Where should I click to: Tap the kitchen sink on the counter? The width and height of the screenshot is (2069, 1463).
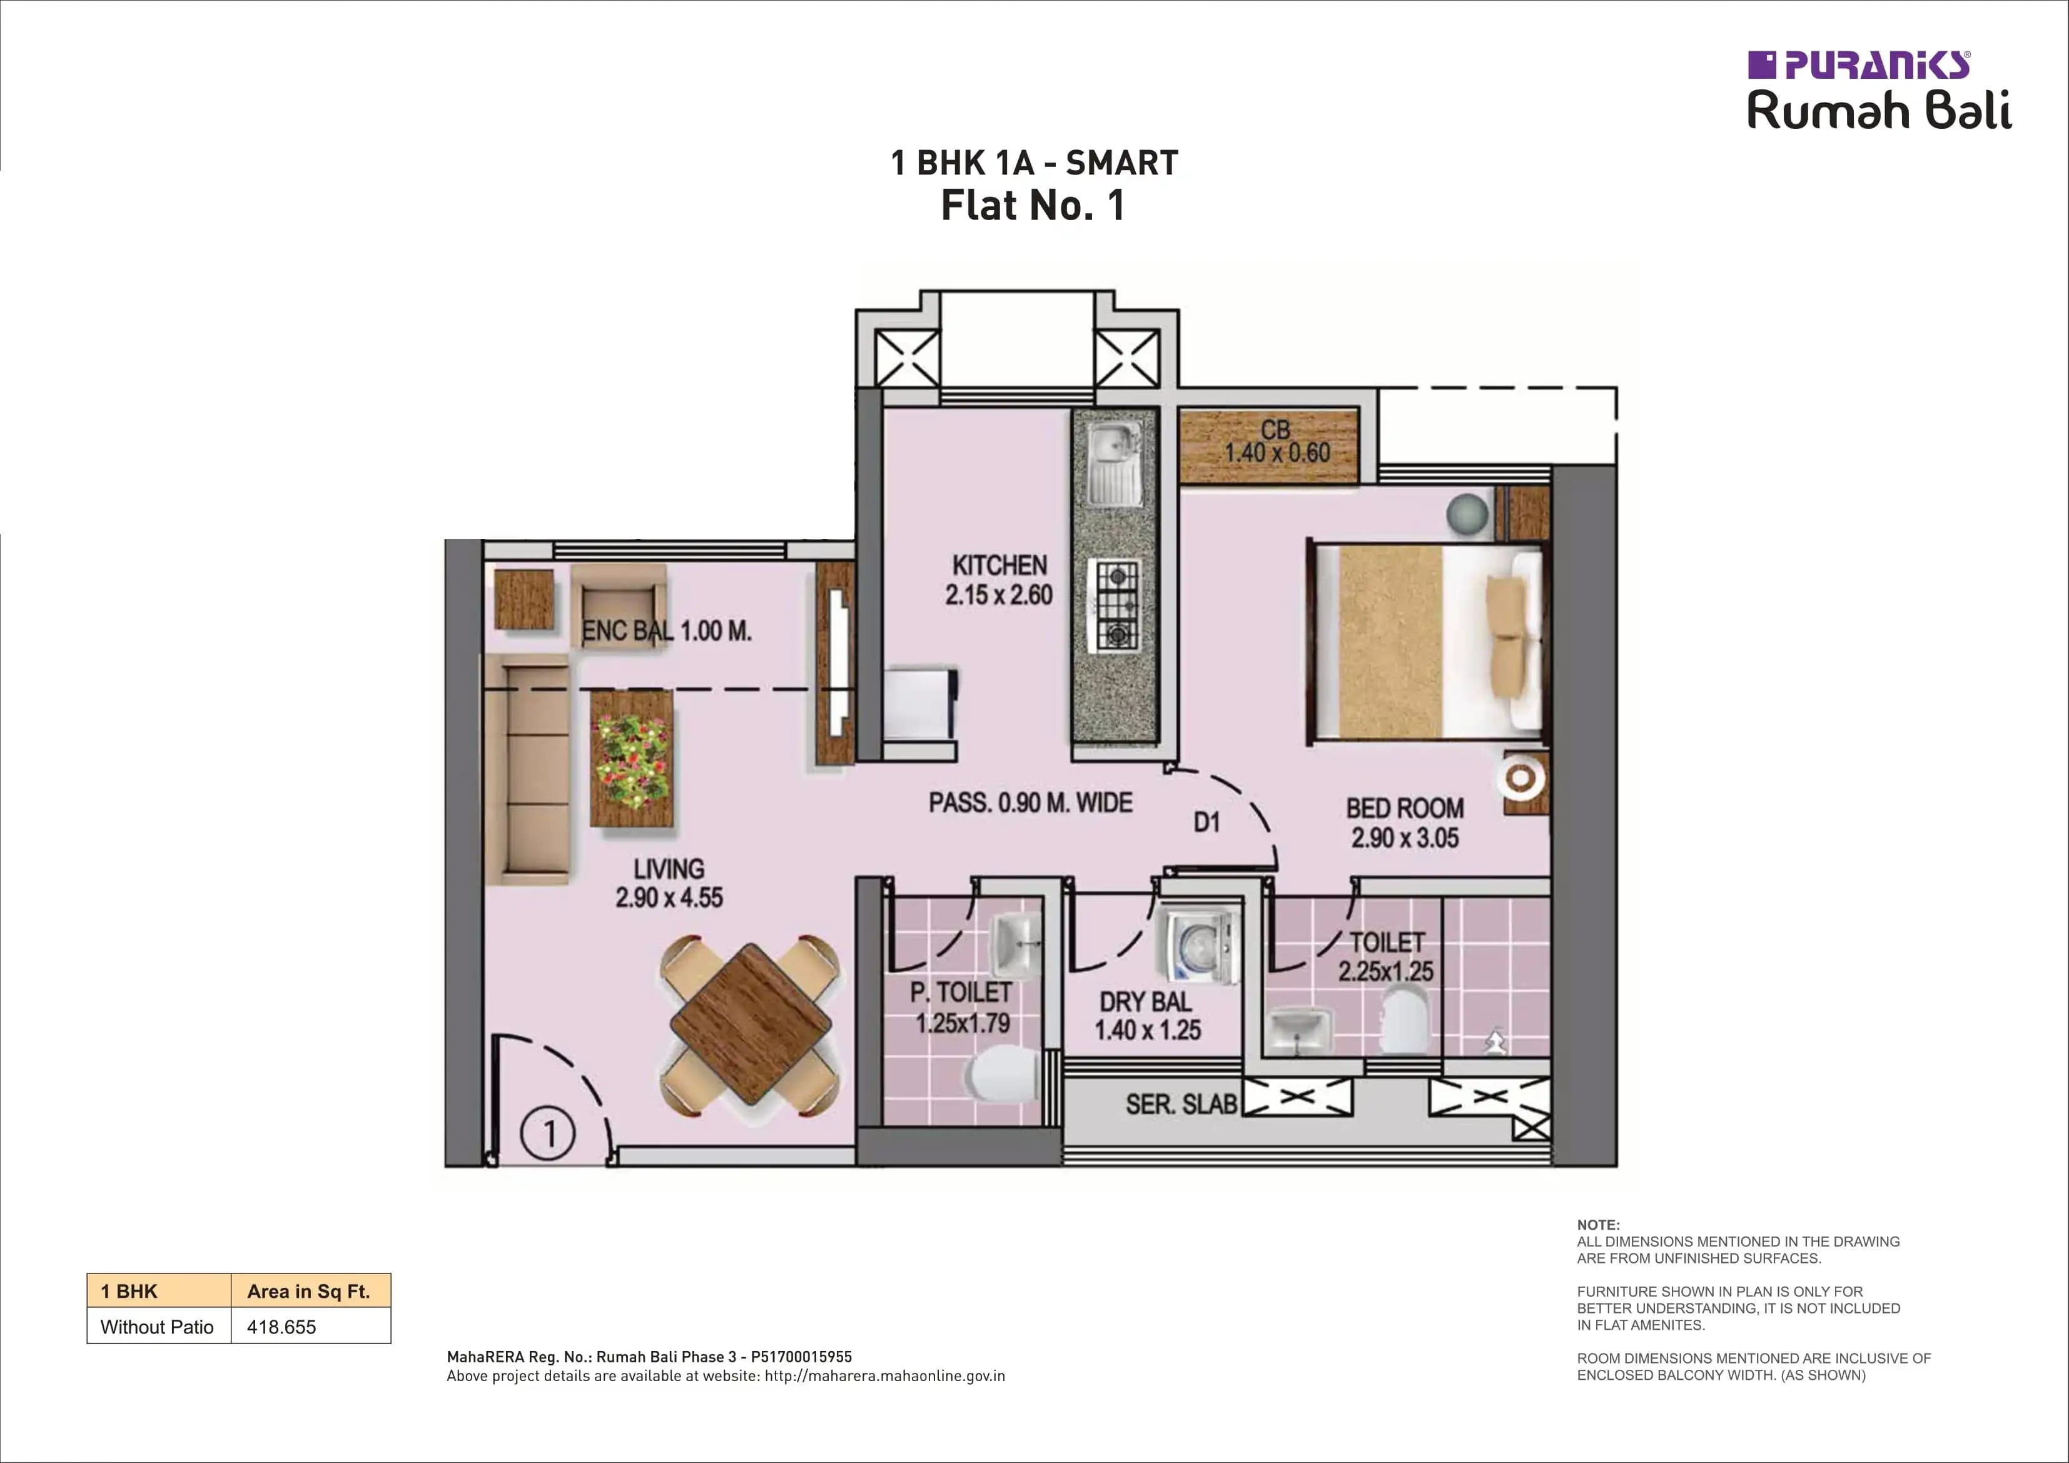(x=1114, y=462)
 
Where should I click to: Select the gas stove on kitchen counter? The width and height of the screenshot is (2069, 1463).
(x=1116, y=604)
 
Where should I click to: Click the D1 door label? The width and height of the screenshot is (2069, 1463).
(x=1206, y=821)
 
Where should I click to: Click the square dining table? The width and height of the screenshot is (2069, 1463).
(x=750, y=1024)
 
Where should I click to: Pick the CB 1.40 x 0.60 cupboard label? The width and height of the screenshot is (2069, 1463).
(x=1275, y=442)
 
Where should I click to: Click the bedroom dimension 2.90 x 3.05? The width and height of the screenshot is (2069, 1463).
(x=1404, y=838)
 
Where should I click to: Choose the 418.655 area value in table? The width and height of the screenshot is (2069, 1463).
(x=281, y=1327)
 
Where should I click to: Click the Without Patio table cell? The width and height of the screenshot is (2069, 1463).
(x=157, y=1327)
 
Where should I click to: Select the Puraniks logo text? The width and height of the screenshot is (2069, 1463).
(x=1874, y=66)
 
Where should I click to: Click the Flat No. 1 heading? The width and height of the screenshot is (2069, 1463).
(x=1033, y=206)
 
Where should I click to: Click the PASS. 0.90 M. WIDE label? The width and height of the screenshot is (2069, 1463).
(x=1030, y=802)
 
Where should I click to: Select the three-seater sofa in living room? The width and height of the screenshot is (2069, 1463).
(x=527, y=769)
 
